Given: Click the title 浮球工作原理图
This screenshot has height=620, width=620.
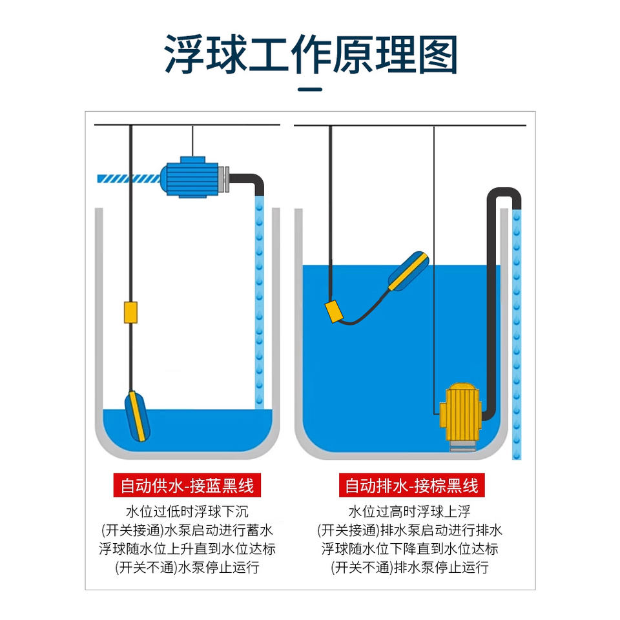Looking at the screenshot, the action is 311,54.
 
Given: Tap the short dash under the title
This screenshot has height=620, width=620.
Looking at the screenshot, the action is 310,89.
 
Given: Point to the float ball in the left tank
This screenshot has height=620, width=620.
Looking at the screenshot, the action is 137,416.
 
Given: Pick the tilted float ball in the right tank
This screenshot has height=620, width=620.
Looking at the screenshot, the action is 408,271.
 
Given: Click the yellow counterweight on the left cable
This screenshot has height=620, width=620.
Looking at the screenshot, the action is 130,313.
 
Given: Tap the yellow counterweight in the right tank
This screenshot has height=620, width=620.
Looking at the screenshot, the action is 335,311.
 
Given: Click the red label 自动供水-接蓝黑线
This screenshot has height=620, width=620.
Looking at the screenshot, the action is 187,485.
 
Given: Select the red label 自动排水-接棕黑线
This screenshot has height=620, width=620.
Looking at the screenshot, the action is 411,485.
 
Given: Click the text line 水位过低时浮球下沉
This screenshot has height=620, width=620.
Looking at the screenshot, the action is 187,512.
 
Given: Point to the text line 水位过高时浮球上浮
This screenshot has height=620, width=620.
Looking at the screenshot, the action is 409,512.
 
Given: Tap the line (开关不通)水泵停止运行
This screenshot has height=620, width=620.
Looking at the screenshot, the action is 187,568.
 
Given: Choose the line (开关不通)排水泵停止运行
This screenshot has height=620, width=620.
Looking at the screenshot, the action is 409,568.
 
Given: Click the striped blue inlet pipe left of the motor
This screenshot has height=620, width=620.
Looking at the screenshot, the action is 129,179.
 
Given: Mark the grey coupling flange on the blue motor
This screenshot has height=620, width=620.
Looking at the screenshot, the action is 223,179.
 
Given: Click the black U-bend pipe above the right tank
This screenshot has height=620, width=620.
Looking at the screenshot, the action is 504,192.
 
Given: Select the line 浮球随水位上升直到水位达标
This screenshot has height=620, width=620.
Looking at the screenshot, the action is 187,549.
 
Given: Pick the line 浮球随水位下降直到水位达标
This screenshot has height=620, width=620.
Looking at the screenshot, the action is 409,549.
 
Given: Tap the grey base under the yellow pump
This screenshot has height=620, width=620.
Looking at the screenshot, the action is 462,446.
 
